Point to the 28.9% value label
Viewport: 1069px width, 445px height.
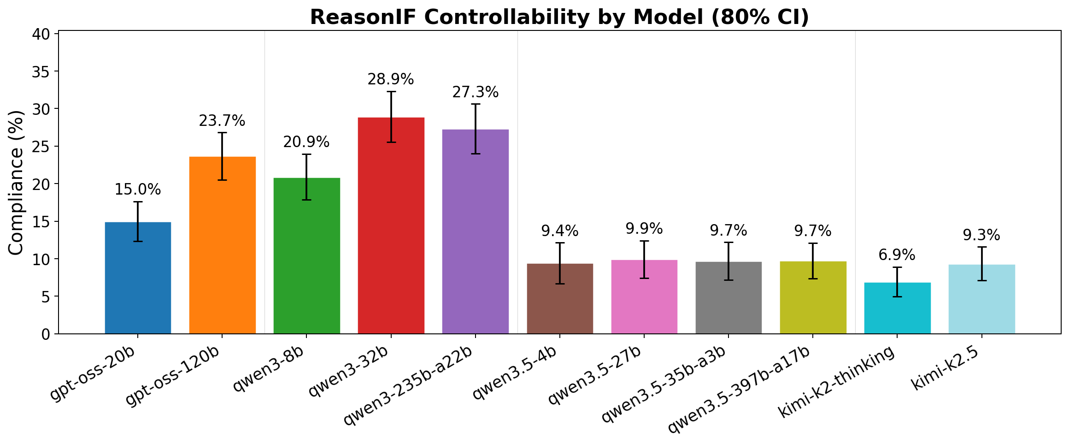pyautogui.click(x=391, y=80)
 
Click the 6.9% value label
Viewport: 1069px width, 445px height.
pyautogui.click(x=897, y=255)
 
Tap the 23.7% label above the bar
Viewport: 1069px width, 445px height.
pyautogui.click(x=222, y=121)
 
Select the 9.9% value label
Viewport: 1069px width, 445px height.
pyautogui.click(x=644, y=229)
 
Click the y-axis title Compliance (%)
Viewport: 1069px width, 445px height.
pyautogui.click(x=17, y=183)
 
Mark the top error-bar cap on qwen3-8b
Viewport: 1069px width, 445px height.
pyautogui.click(x=306, y=154)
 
